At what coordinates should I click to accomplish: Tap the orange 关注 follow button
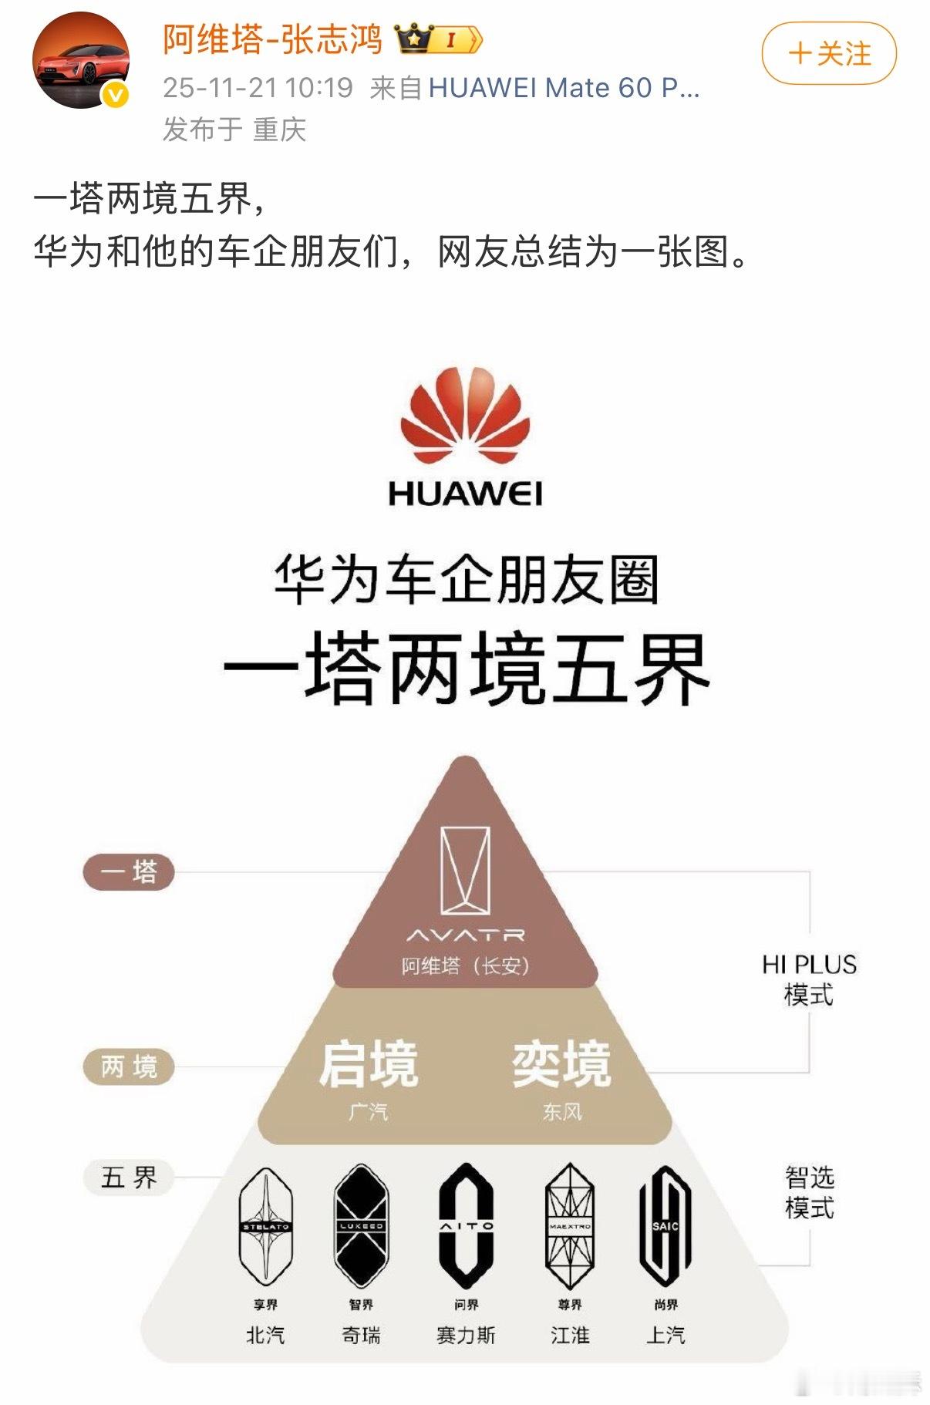coord(829,53)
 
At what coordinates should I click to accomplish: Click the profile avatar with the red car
coord(80,60)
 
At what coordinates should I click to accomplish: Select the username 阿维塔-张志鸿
coord(272,39)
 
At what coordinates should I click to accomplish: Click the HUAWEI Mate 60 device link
coord(563,88)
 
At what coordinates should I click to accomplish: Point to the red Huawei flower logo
coord(465,416)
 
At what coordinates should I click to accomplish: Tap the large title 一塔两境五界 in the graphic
coord(466,668)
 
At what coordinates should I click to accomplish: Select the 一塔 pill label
coord(129,872)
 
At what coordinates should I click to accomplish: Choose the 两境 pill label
coord(129,1067)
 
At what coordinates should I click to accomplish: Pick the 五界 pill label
coord(129,1178)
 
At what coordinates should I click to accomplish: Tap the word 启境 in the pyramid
coord(369,1064)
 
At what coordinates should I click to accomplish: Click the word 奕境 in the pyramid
coord(561,1064)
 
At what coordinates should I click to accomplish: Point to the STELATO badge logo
coord(266,1226)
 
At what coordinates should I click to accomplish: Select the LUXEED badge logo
coord(361,1226)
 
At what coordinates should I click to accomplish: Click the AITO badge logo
coord(466,1226)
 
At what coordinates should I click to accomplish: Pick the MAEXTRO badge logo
coord(570,1226)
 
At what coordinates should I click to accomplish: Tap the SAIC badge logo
coord(665,1226)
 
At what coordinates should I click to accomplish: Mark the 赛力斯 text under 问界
coord(466,1335)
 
